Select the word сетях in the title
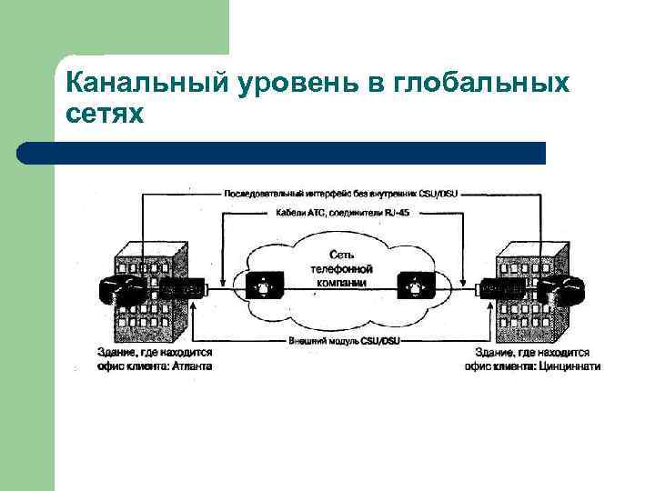[x=105, y=115]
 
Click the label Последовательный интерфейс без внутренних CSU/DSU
[x=345, y=194]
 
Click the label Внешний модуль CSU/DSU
[x=345, y=340]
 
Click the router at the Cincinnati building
[x=559, y=289]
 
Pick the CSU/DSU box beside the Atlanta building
[x=181, y=288]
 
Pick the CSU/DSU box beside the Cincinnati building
[x=501, y=288]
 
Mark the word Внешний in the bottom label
[x=305, y=340]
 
